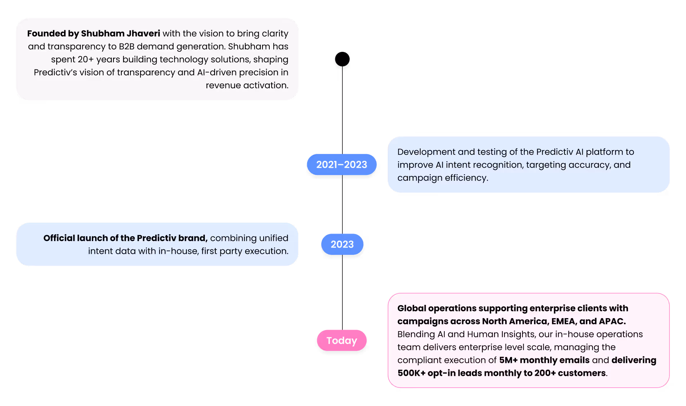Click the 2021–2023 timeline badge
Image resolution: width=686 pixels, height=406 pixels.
coord(341,165)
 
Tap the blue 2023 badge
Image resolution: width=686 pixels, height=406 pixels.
coord(342,244)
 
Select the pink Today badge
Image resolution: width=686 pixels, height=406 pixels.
coord(342,340)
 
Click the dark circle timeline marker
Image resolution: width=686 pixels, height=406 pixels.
coord(342,61)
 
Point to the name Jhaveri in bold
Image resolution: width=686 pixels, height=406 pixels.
coord(143,33)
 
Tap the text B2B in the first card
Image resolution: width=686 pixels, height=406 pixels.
coord(126,46)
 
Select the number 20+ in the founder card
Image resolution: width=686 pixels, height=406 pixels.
coord(86,59)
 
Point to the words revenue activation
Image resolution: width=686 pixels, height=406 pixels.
coord(247,85)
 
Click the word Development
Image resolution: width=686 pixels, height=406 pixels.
coord(426,152)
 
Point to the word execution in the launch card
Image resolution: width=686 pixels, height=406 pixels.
coord(266,251)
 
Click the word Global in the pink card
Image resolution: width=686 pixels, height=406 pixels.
coord(412,308)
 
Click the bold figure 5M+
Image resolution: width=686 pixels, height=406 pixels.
coord(508,360)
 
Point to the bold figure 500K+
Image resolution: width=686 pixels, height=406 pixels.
coord(411,373)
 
